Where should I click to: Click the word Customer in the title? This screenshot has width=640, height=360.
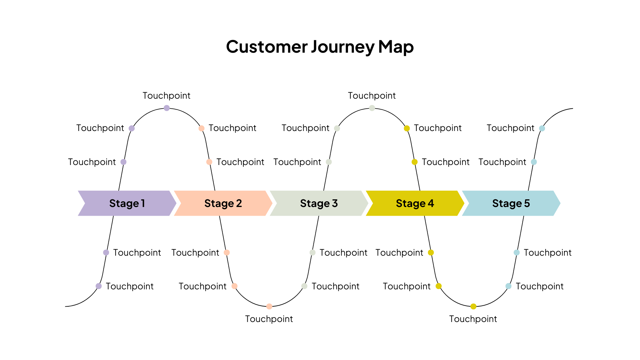[266, 47]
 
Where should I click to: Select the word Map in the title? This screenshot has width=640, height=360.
[396, 47]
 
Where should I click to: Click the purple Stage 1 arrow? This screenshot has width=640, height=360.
[127, 203]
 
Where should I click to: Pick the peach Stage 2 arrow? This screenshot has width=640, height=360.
[223, 203]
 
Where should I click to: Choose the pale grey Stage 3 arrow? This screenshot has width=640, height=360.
[319, 203]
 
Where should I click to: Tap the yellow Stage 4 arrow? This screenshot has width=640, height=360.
[415, 203]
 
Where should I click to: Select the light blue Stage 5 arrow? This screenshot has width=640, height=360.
[511, 203]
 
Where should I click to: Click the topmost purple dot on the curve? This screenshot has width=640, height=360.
[167, 108]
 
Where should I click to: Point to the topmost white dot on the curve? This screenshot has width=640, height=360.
[372, 108]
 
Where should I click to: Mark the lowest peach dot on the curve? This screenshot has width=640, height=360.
[269, 306]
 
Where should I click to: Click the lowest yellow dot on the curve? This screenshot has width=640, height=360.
[473, 306]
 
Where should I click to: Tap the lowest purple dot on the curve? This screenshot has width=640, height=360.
[99, 286]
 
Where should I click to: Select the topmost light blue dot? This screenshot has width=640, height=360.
[542, 128]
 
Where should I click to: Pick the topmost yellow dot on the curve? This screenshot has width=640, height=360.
[407, 128]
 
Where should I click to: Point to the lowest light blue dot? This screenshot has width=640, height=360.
[508, 286]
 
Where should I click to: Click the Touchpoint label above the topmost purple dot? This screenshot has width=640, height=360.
[167, 96]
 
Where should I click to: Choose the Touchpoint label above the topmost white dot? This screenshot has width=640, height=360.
[372, 96]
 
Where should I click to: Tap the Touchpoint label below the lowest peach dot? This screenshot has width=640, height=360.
[269, 319]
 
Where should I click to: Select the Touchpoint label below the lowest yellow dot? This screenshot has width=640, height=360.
[473, 319]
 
